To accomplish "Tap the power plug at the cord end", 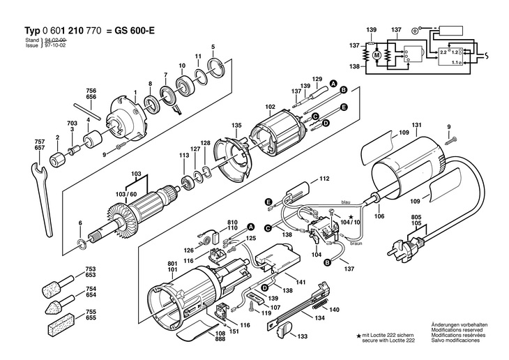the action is coord(406,248).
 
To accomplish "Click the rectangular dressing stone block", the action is coord(61,326).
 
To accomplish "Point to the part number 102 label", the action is coord(270,107).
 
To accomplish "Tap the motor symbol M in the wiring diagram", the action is coord(377,55).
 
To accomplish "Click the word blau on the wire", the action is coord(346,202).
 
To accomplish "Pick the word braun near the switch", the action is coord(356,243).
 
